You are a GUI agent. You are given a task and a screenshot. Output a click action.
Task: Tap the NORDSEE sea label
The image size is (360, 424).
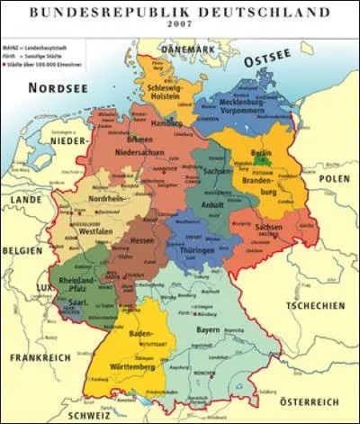58,87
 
